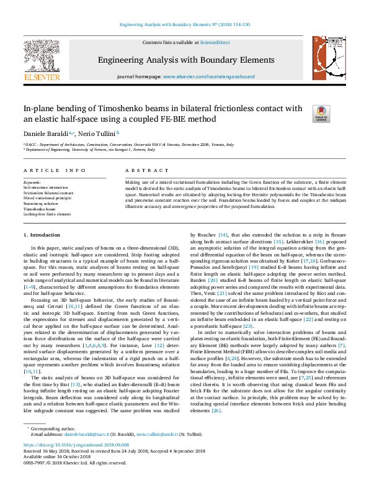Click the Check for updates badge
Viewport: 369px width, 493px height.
[x=321, y=113]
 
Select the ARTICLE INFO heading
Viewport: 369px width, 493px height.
[x=55, y=170]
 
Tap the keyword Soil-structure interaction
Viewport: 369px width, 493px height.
[x=47, y=187]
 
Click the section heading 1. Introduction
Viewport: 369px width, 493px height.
[x=43, y=235]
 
